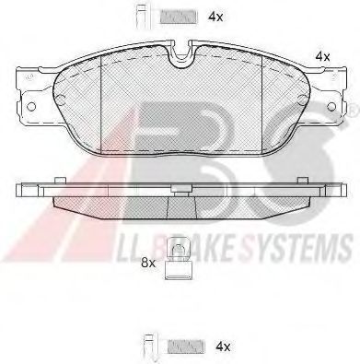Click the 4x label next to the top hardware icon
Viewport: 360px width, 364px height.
point(215,17)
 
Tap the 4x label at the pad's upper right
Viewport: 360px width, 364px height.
point(323,56)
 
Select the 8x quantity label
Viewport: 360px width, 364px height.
point(148,263)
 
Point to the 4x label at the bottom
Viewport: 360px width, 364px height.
point(223,347)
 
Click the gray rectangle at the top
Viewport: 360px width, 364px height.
point(178,18)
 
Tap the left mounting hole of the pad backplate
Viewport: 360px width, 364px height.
point(31,107)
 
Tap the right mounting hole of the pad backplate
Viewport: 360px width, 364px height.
point(331,106)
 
